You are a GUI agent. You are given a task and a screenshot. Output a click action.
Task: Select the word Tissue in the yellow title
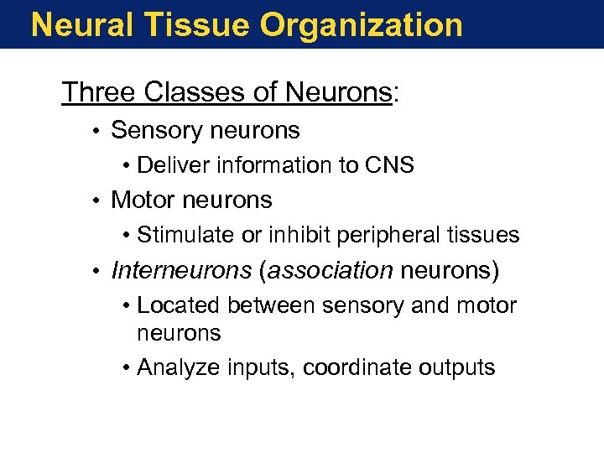[196, 25]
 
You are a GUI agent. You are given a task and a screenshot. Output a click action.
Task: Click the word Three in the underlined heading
[99, 92]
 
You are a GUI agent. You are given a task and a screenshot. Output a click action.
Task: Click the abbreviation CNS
[389, 165]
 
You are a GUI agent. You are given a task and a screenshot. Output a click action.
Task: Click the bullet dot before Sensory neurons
[98, 131]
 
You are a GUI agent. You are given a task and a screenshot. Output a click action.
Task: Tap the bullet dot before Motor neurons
[98, 200]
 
